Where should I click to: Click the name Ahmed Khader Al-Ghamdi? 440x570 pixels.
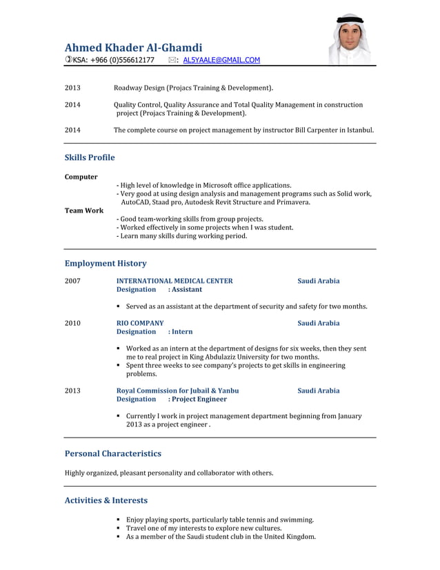pos(133,48)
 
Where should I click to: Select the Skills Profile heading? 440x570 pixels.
pos(90,157)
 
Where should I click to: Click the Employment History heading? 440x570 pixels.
pos(106,263)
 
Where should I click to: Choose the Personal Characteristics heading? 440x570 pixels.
pos(112,453)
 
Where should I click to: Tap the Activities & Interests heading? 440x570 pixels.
pos(106,500)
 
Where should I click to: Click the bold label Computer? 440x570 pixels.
pos(81,177)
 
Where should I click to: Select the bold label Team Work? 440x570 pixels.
pos(84,210)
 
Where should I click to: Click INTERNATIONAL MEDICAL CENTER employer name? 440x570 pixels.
pos(174,281)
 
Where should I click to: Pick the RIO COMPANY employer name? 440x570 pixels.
pos(140,323)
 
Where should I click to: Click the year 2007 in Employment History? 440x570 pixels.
pos(72,281)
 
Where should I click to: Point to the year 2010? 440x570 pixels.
pos(72,323)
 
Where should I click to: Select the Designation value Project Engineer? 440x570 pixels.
pos(200,399)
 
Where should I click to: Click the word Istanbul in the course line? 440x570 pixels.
pos(360,130)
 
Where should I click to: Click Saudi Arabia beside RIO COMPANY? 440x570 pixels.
pos(318,323)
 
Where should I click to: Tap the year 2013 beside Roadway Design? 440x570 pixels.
pos(72,88)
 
